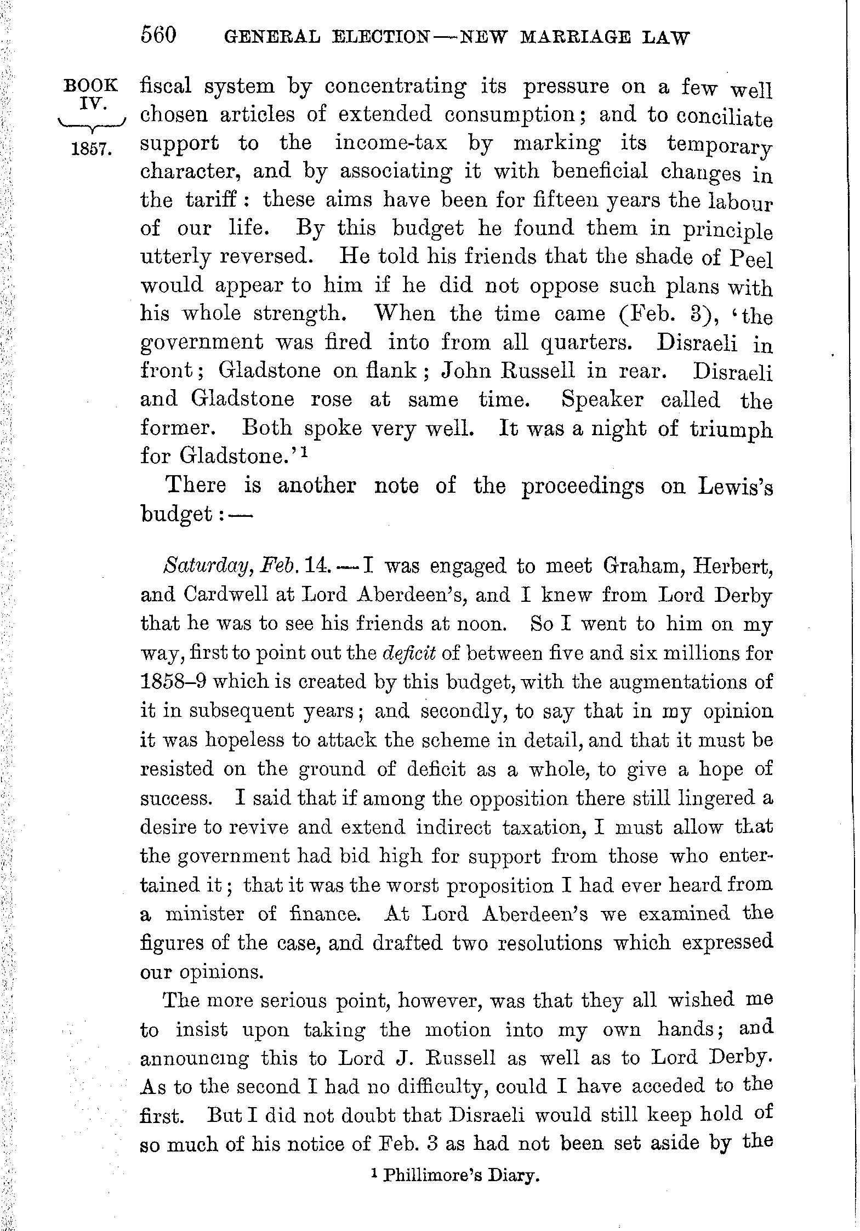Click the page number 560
pos(159,36)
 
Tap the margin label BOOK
pos(91,86)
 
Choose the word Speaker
pos(602,400)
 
